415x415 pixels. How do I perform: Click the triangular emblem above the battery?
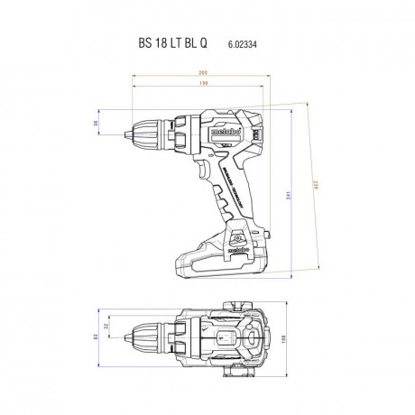coord(241,235)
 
